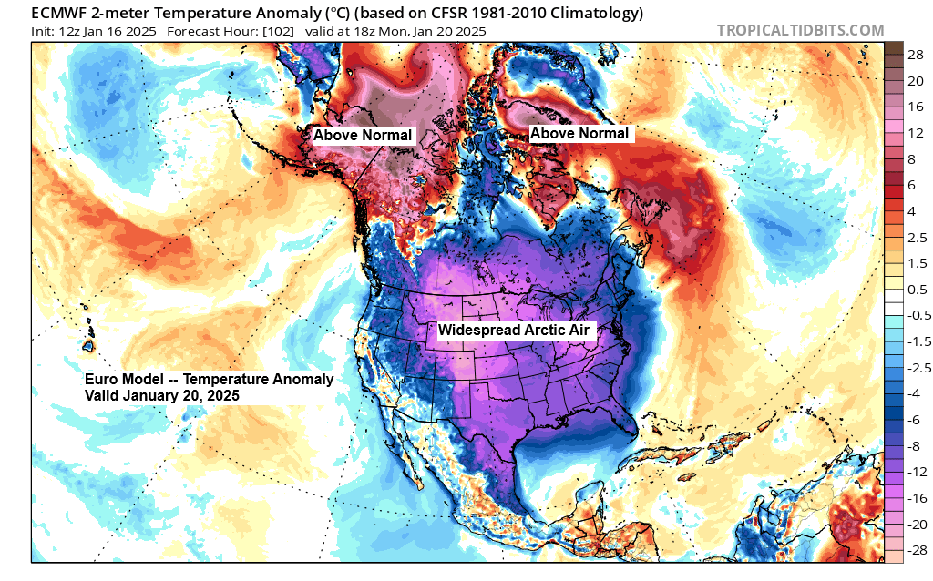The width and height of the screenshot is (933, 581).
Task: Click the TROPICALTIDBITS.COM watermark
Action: [800, 30]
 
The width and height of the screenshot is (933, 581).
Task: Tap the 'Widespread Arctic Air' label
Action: [517, 331]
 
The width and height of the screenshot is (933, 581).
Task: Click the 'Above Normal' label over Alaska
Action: [363, 136]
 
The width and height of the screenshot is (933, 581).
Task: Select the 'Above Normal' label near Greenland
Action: [579, 134]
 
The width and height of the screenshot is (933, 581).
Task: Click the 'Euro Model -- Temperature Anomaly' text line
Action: [209, 380]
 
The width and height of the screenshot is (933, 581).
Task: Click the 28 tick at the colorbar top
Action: [913, 56]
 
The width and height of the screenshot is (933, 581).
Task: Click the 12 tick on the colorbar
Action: [913, 133]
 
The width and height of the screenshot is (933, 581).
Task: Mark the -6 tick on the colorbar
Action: [913, 420]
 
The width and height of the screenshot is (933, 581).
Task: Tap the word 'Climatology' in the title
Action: [595, 13]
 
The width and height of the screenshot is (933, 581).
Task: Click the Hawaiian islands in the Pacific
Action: [88, 345]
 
